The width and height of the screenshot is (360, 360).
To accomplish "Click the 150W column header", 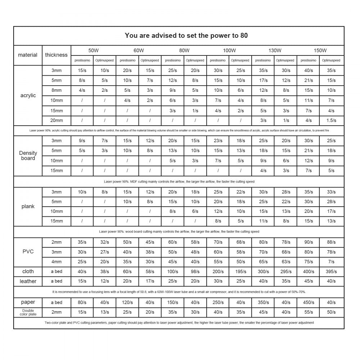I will click(320, 50).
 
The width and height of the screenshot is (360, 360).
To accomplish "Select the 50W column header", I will click(94, 50).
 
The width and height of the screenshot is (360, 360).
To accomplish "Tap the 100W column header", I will click(229, 50).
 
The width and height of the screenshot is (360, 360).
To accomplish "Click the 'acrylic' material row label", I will click(28, 95).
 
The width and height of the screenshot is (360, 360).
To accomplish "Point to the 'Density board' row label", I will click(28, 156).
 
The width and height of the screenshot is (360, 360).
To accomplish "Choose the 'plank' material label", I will click(28, 206).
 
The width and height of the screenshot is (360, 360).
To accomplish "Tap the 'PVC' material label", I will click(28, 251).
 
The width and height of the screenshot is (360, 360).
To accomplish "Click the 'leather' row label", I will click(28, 281).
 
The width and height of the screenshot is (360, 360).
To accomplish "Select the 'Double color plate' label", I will click(28, 312).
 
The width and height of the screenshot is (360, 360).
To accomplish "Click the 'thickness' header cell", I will click(56, 55).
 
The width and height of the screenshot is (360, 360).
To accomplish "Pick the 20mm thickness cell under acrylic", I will click(56, 121).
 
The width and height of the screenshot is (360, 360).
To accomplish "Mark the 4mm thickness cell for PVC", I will click(56, 262).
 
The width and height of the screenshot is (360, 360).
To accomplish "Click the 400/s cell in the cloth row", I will click(309, 271).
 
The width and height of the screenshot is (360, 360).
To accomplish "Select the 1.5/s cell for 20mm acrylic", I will click(331, 121).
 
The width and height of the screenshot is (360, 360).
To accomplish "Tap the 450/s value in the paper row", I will click(309, 302).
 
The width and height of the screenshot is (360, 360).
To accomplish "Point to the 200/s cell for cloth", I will click(218, 271).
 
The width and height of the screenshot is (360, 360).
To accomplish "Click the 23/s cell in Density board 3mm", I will click(218, 141).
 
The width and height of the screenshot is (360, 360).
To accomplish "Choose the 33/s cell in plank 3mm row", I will click(331, 192).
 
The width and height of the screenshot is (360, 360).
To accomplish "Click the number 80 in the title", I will click(244, 36).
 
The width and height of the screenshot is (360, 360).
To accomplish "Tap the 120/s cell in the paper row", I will click(127, 302).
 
